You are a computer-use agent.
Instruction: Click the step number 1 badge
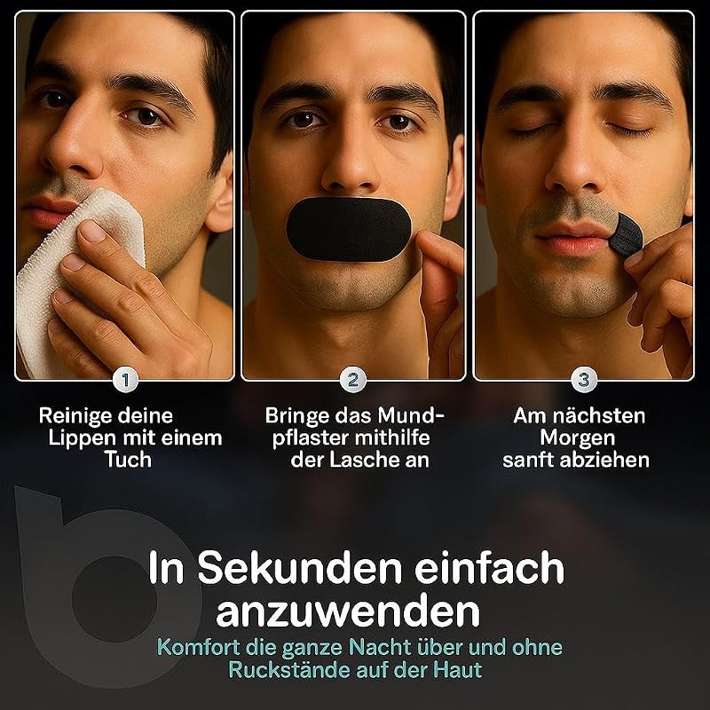(x=126, y=380)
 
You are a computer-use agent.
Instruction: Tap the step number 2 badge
(x=353, y=380)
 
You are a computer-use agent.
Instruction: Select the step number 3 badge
(x=584, y=380)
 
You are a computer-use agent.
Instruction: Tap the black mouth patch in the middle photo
(x=349, y=229)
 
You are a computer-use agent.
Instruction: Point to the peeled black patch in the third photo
(x=625, y=235)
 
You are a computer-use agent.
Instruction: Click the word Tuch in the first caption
(x=128, y=460)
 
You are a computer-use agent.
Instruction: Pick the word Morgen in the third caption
(x=578, y=438)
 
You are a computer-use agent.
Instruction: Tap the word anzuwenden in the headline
(x=348, y=611)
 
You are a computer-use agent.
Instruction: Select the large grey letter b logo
(x=45, y=588)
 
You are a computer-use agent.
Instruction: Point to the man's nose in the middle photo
(x=350, y=163)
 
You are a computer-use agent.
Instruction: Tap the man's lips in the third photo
(x=572, y=238)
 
